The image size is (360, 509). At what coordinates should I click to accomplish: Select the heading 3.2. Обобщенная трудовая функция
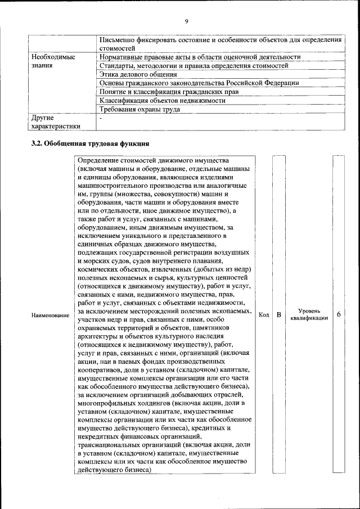(90, 142)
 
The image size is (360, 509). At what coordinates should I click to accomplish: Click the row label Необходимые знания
(53, 61)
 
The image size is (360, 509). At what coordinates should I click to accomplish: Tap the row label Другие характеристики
(56, 123)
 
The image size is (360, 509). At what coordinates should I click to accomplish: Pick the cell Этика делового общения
(138, 74)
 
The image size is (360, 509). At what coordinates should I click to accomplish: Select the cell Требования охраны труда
(139, 109)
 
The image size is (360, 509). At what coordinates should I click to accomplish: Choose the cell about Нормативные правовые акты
(200, 57)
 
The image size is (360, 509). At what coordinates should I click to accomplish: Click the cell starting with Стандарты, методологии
(193, 66)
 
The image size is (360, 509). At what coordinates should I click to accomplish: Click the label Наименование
(50, 316)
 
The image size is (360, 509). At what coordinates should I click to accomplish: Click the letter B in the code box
(278, 315)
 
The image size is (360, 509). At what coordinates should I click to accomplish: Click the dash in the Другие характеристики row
(100, 119)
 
